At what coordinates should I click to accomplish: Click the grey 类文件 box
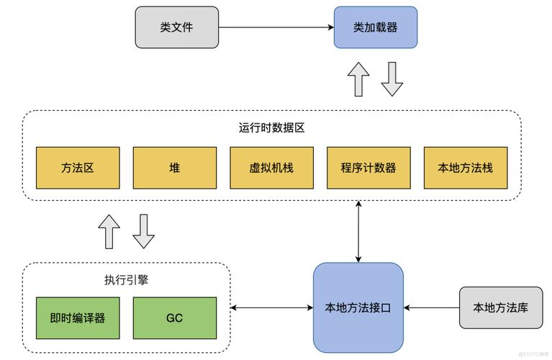(177, 27)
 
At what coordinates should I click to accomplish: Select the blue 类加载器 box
(375, 27)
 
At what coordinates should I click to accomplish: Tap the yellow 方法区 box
(78, 168)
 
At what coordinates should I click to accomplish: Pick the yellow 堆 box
(175, 168)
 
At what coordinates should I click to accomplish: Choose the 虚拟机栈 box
(271, 168)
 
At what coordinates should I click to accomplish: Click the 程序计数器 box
(368, 168)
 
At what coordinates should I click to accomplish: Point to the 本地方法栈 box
(465, 168)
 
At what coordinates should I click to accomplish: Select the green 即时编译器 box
(78, 318)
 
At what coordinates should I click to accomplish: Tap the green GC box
(175, 318)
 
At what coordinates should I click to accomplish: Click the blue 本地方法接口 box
(358, 307)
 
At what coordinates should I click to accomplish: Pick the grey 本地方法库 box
(500, 307)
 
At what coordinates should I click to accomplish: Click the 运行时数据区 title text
(271, 127)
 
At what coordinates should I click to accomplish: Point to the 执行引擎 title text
(126, 279)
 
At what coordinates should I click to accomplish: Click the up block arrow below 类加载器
(358, 79)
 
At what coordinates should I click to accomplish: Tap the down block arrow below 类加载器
(392, 79)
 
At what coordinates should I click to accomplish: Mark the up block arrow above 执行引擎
(110, 231)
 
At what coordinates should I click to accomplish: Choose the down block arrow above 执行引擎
(143, 231)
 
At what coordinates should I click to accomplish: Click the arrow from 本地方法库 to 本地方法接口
(431, 308)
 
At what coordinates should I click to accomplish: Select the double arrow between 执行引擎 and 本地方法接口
(271, 308)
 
